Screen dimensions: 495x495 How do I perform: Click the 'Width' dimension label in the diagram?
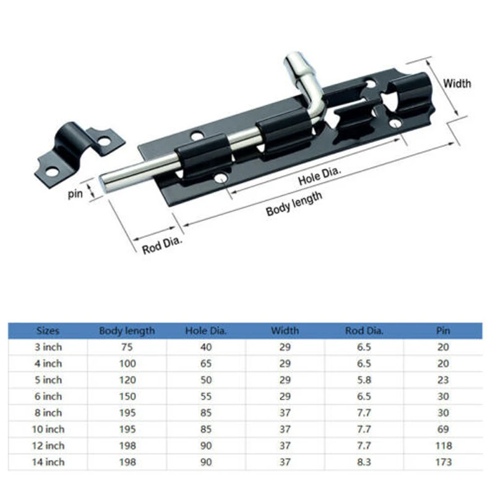[x=457, y=84]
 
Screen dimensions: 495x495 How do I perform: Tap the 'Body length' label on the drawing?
[x=294, y=204]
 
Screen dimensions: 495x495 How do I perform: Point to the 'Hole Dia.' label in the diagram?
[x=320, y=176]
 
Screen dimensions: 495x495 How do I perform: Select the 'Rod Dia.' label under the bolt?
[x=162, y=245]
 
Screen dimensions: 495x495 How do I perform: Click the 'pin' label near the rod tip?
[x=75, y=194]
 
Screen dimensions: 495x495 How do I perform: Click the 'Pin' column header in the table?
[x=443, y=330]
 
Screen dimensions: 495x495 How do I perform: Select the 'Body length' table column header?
[x=127, y=331]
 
